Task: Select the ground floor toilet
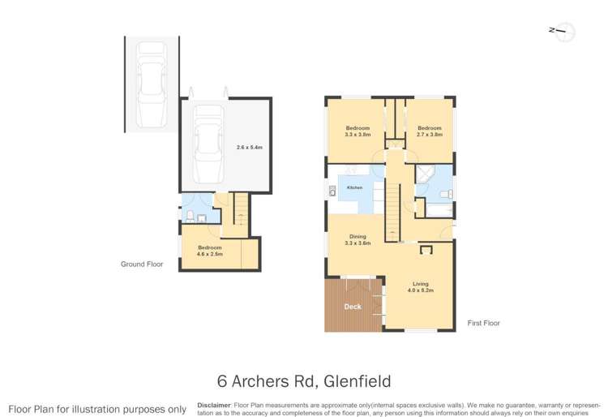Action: point(189,215)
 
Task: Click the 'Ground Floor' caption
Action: point(141,264)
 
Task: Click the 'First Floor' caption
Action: point(483,323)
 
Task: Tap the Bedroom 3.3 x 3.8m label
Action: point(358,131)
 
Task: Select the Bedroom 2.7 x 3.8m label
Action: point(429,131)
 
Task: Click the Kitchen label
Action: point(355,187)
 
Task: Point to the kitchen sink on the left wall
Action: point(332,192)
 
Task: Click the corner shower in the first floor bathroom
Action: point(424,175)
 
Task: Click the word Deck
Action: point(352,307)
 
